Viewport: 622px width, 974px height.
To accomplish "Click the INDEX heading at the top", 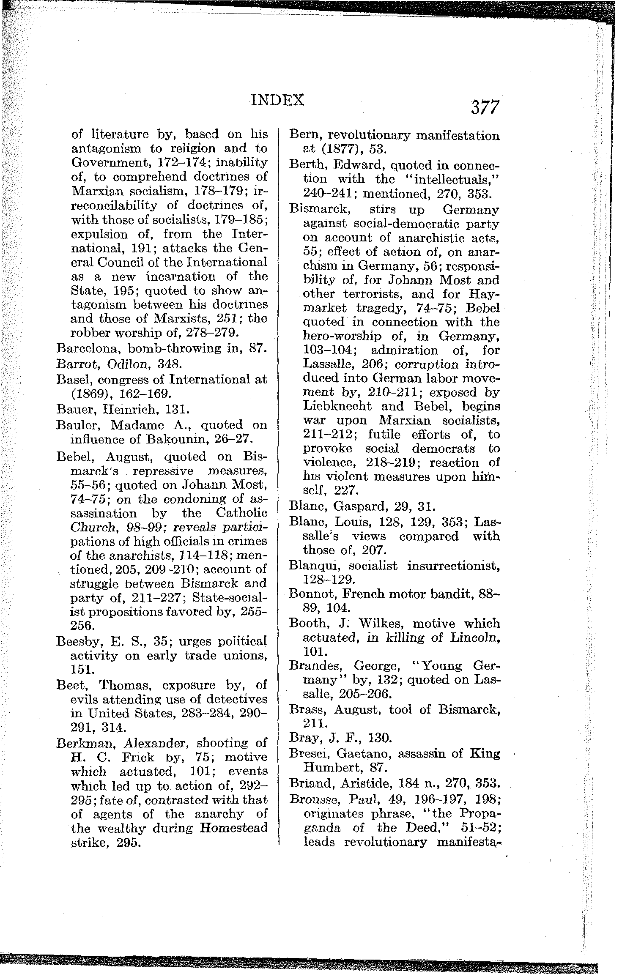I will click(x=277, y=100).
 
